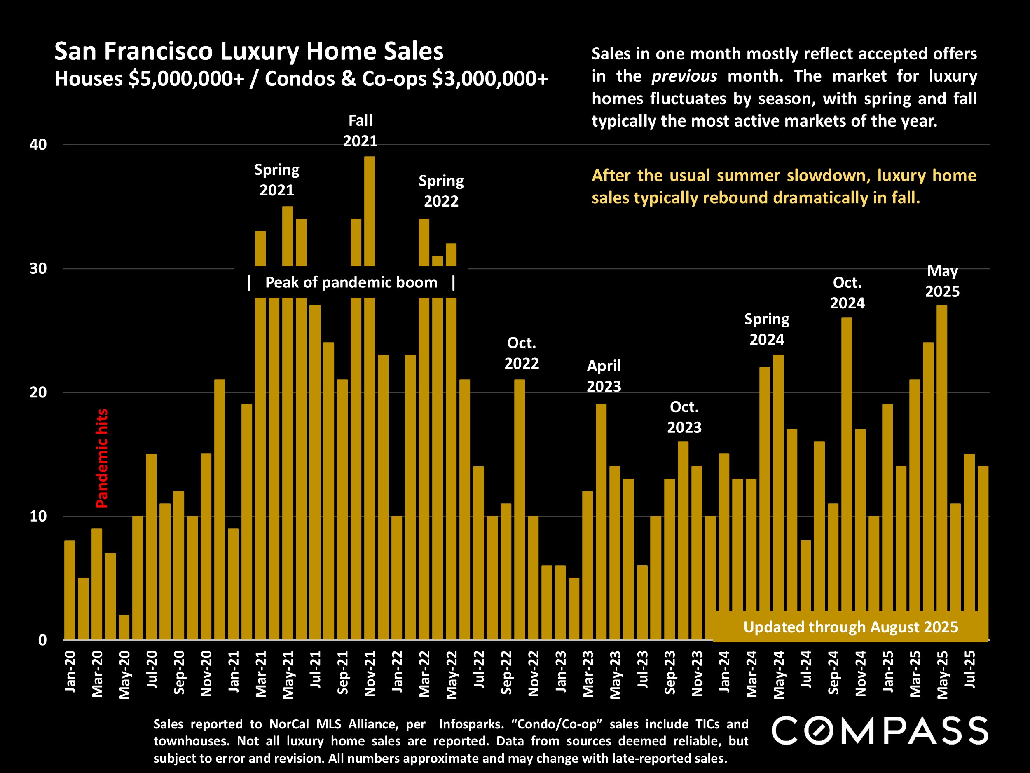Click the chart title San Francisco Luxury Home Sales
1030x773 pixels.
(249, 51)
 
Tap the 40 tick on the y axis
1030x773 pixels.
(38, 144)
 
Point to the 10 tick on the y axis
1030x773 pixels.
(38, 516)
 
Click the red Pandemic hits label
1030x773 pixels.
(102, 458)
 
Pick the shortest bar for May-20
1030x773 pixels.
(124, 627)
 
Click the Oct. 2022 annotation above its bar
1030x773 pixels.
(522, 353)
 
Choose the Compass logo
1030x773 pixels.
(880, 731)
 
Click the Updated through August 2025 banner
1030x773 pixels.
(851, 627)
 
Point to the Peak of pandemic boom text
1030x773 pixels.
(351, 282)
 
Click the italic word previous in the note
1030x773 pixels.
(684, 76)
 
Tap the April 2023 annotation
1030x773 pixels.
(604, 376)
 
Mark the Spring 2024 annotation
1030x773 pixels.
(766, 329)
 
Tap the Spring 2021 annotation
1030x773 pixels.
(276, 180)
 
